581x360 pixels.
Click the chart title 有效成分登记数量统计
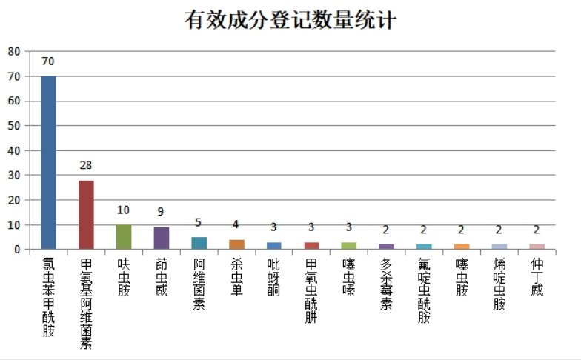pyautogui.click(x=290, y=20)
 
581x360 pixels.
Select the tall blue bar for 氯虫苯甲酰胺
pyautogui.click(x=48, y=162)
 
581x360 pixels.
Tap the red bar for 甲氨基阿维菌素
pyautogui.click(x=86, y=215)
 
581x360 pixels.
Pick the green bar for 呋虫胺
pyautogui.click(x=124, y=237)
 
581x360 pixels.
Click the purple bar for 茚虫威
pyautogui.click(x=162, y=238)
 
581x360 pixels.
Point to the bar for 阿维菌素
pyautogui.click(x=199, y=243)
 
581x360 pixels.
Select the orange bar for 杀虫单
pyautogui.click(x=236, y=244)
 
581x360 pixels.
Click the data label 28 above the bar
pyautogui.click(x=86, y=165)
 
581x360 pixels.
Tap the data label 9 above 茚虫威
pyautogui.click(x=162, y=212)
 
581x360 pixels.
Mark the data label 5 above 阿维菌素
pyautogui.click(x=199, y=222)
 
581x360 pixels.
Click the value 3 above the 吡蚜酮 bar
pyautogui.click(x=274, y=227)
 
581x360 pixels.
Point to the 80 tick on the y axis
pyautogui.click(x=13, y=52)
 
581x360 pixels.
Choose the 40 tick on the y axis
pyautogui.click(x=13, y=150)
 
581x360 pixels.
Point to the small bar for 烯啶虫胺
pyautogui.click(x=499, y=247)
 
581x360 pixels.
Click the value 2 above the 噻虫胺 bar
pyautogui.click(x=462, y=230)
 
